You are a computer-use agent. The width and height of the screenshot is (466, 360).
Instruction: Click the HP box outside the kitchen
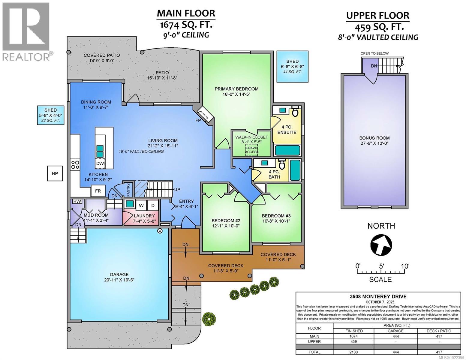click(55, 173)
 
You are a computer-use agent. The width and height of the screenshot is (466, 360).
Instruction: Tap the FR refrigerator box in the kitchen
click(98, 191)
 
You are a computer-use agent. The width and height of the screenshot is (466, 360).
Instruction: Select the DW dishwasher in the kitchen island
click(100, 163)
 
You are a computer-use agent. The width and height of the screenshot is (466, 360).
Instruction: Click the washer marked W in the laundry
click(141, 205)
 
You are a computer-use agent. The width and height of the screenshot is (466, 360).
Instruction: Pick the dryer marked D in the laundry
click(152, 205)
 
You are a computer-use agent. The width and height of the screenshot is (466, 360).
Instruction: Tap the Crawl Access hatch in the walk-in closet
click(251, 150)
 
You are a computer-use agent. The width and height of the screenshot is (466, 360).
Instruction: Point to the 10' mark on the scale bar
click(405, 266)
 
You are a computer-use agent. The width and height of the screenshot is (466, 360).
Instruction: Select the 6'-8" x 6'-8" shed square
click(292, 66)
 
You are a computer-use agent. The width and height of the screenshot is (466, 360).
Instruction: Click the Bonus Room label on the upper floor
click(374, 140)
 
